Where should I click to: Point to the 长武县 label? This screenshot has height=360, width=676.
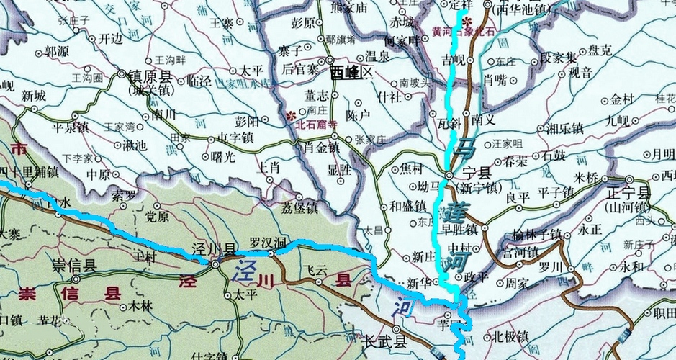click(x=386, y=342)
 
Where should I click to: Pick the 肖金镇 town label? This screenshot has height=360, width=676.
click(x=322, y=148)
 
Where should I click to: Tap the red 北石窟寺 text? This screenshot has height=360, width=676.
click(x=315, y=124)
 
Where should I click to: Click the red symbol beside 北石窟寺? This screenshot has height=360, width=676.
click(x=292, y=114)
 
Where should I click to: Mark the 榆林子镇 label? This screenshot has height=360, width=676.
click(x=537, y=234)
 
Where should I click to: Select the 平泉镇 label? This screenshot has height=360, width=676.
click(x=71, y=128)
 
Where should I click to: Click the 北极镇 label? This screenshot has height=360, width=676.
click(x=511, y=336)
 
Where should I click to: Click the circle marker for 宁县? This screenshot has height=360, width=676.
click(x=449, y=175)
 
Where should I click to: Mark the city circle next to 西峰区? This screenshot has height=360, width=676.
click(x=329, y=61)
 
